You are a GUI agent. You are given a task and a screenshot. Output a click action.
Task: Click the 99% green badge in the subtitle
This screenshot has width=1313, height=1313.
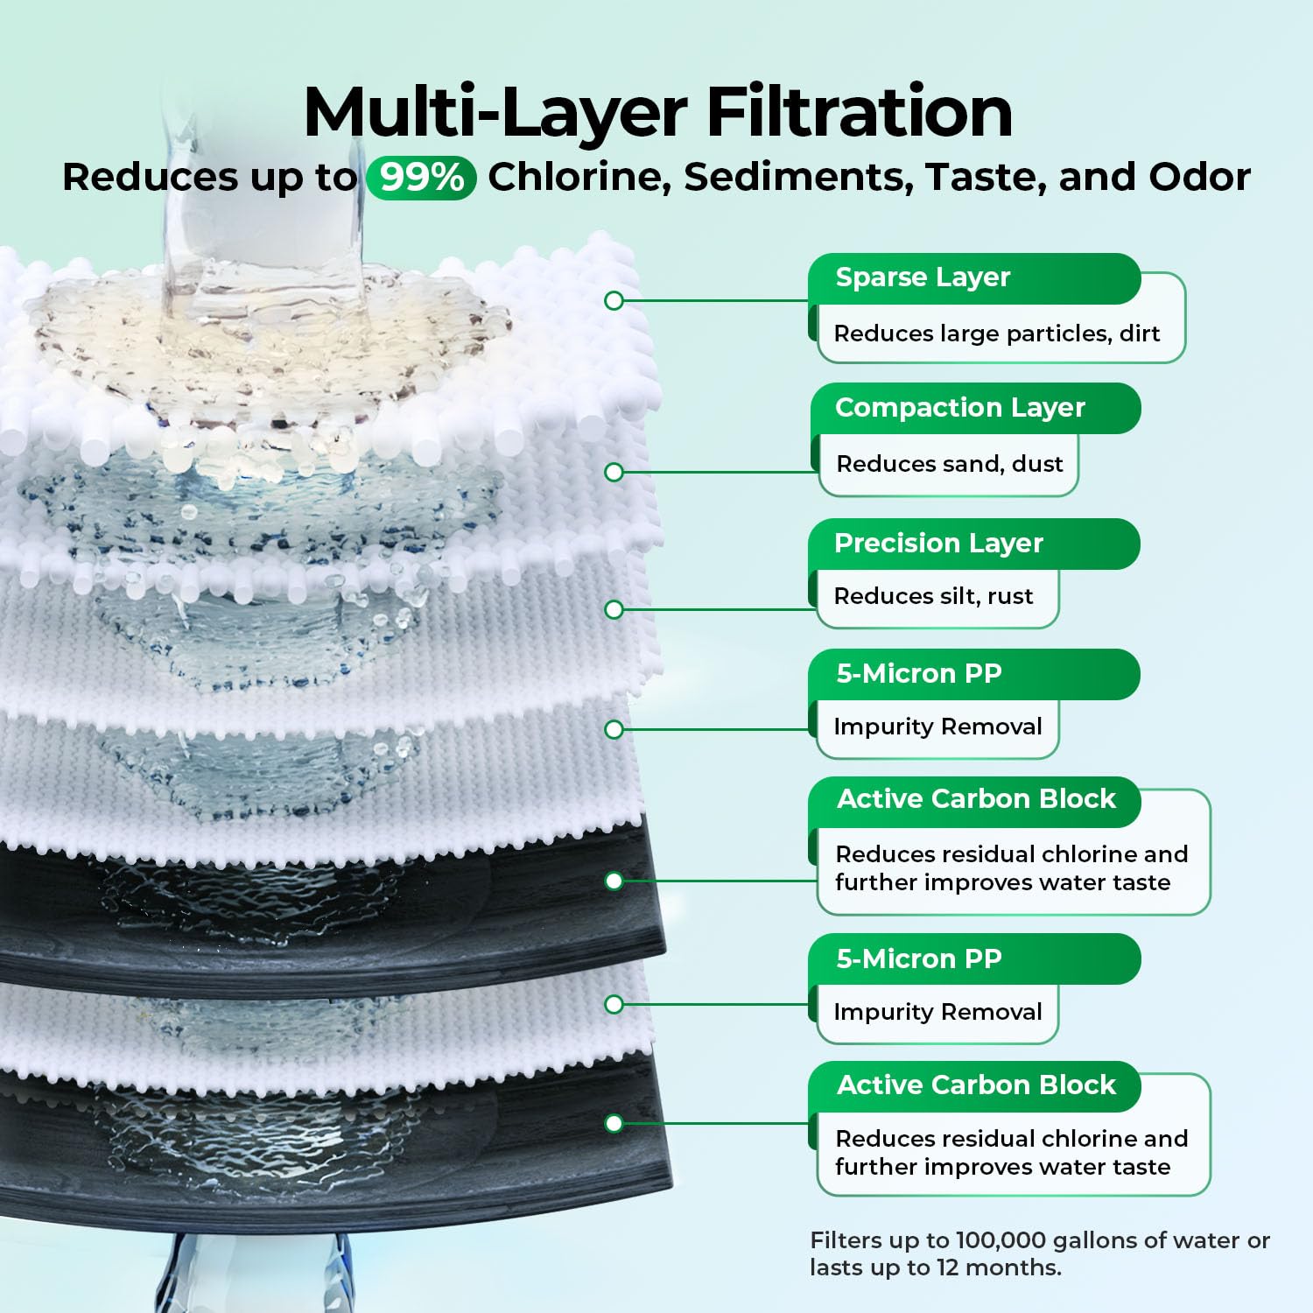pyautogui.click(x=421, y=178)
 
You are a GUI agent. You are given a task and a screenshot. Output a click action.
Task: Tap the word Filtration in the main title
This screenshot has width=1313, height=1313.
pyautogui.click(x=860, y=112)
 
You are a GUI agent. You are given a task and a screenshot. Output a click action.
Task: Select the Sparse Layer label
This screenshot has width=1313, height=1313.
pyautogui.click(x=923, y=277)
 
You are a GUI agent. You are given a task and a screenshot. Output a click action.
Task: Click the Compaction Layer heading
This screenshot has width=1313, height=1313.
pyautogui.click(x=959, y=408)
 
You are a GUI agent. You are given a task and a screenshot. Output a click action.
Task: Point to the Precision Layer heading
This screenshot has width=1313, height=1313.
pyautogui.click(x=938, y=544)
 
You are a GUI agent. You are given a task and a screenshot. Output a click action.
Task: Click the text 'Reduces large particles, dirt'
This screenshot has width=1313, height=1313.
pyautogui.click(x=997, y=334)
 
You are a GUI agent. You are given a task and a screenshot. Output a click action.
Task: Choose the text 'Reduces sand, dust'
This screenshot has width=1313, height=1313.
pyautogui.click(x=950, y=464)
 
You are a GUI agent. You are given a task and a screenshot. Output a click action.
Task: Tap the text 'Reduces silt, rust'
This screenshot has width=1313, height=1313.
pyautogui.click(x=934, y=596)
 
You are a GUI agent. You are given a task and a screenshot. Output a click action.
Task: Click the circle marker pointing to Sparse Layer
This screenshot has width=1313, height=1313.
pyautogui.click(x=614, y=301)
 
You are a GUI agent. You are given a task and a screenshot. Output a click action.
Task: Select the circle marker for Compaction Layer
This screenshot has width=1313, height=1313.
pyautogui.click(x=614, y=473)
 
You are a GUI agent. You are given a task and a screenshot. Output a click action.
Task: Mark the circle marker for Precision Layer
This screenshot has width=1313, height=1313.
pyautogui.click(x=614, y=609)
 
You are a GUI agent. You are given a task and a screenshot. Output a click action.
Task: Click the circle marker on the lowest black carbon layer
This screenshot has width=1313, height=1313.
pyautogui.click(x=614, y=1123)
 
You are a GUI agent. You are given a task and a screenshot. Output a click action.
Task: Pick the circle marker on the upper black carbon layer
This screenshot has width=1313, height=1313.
pyautogui.click(x=614, y=881)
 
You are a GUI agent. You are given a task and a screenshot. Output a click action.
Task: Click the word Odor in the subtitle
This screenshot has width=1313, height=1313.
pyautogui.click(x=1200, y=178)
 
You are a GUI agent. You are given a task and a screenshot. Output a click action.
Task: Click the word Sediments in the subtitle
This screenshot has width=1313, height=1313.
pyautogui.click(x=798, y=178)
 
